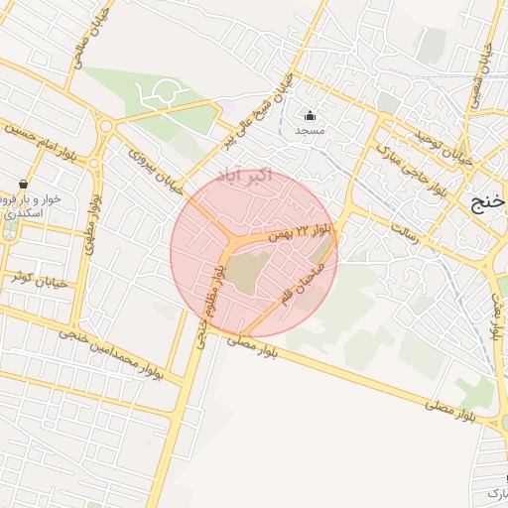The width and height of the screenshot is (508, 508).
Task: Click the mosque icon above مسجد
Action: pyautogui.click(x=310, y=115)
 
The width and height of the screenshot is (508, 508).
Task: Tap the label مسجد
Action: pyautogui.click(x=310, y=130)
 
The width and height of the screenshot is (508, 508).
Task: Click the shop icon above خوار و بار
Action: pyautogui.click(x=22, y=184)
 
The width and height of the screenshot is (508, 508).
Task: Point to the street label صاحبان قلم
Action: pyautogui.click(x=303, y=281)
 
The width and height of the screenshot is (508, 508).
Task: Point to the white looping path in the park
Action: pyautogui.click(x=159, y=93)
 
